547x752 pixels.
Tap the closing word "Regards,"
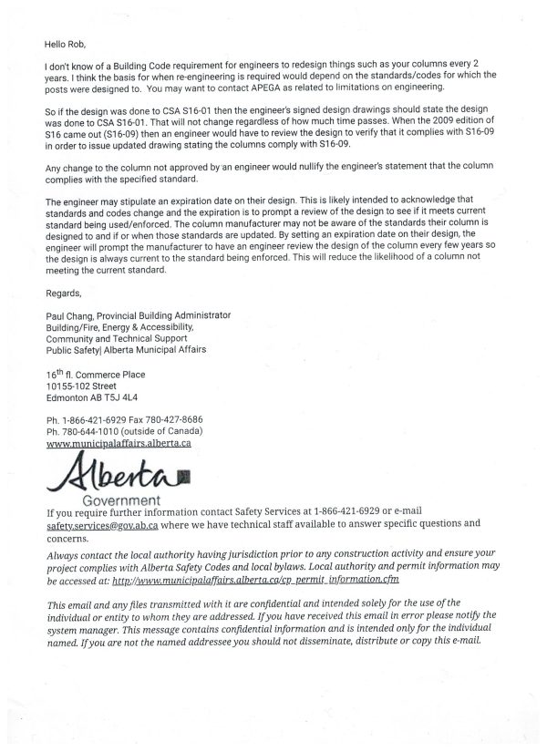[x=63, y=293]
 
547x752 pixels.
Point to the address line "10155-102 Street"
[x=81, y=386]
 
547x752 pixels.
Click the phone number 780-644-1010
[x=90, y=430]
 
